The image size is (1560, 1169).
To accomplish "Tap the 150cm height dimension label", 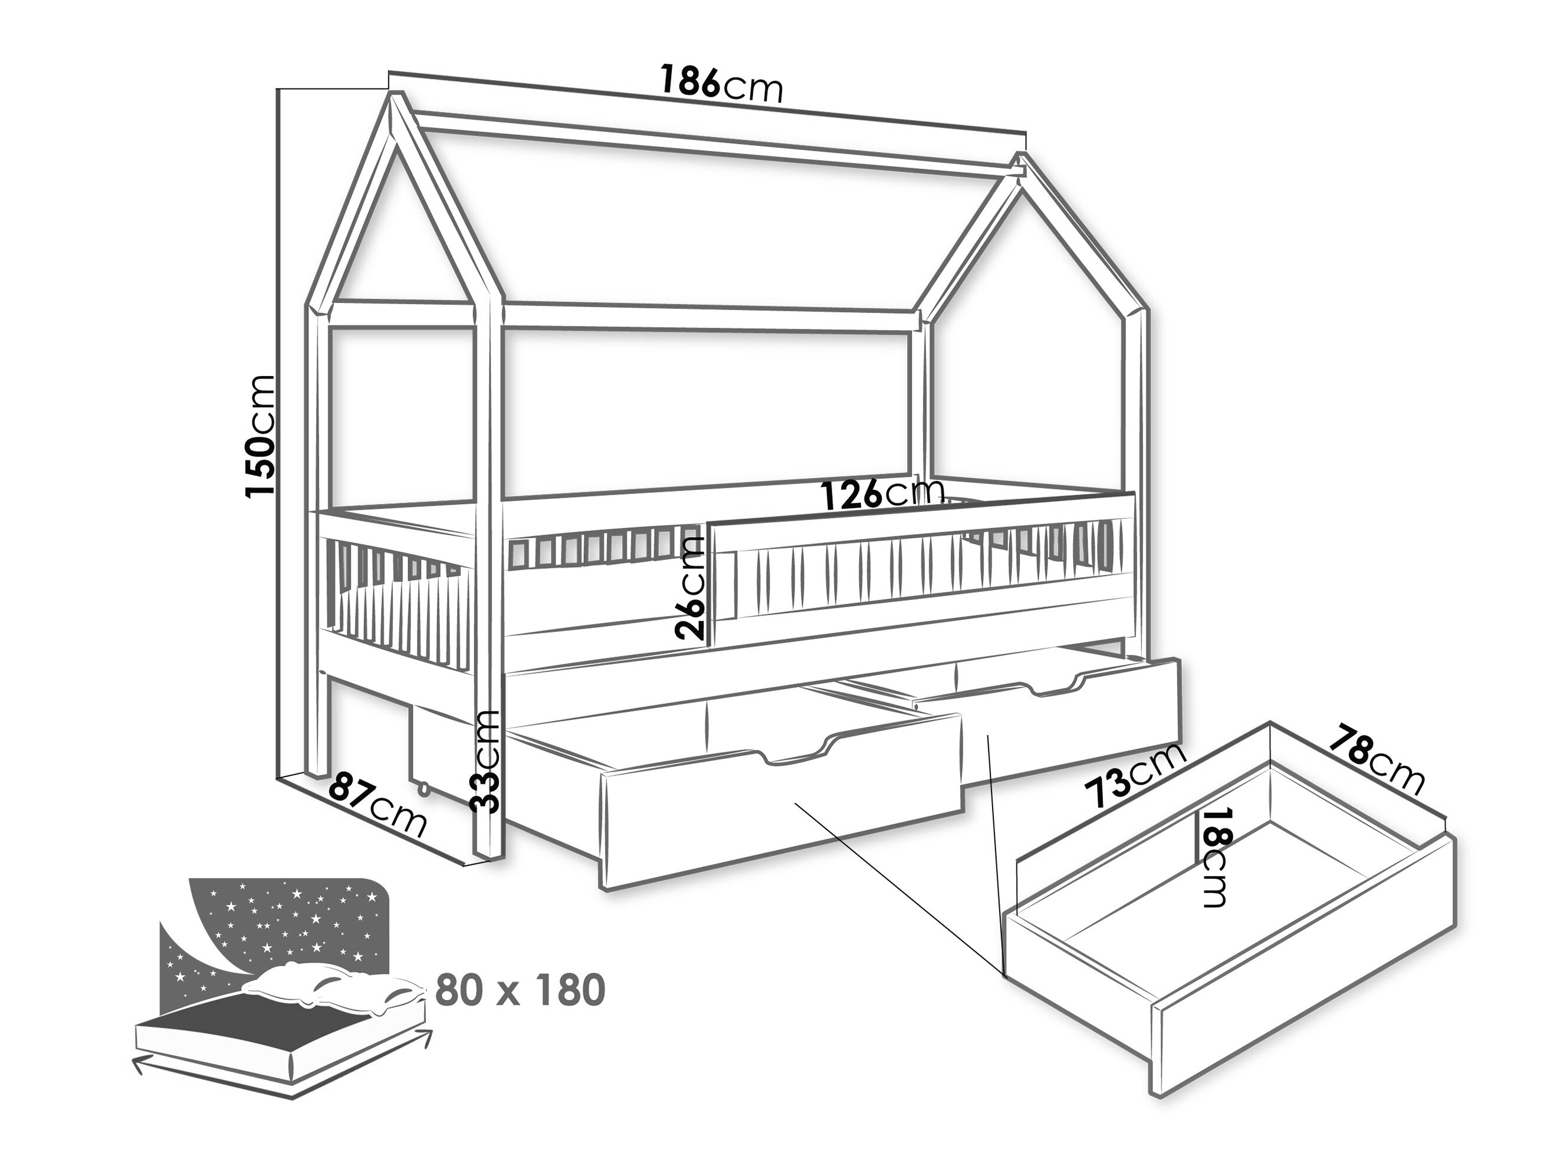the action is [x=260, y=435].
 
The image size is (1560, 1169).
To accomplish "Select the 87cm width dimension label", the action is [x=378, y=803].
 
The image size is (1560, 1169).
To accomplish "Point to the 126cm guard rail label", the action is [x=882, y=493].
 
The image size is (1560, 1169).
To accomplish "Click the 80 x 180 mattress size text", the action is [x=520, y=990].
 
